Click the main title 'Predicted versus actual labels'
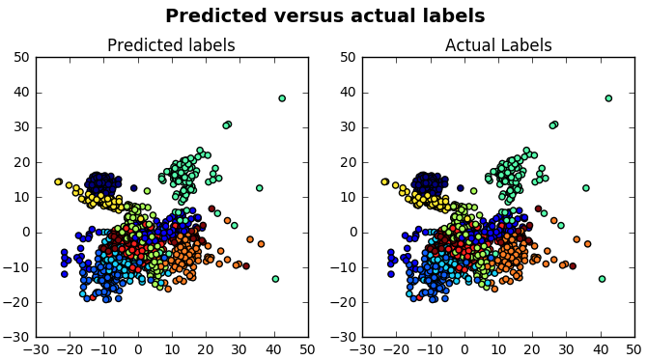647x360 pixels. [324, 16]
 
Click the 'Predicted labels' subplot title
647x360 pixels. [171, 45]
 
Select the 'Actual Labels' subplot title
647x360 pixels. [497, 45]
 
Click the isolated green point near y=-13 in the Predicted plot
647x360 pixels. [275, 279]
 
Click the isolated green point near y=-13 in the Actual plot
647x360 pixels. [602, 279]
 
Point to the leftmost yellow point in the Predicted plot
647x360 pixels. [58, 181]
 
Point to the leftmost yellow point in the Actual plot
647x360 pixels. [384, 181]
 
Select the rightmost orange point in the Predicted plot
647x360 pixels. [261, 243]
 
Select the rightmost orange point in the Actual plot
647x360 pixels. [587, 243]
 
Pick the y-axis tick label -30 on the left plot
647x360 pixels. [17, 338]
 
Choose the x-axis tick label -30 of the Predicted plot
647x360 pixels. [36, 349]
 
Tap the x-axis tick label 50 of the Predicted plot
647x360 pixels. [308, 349]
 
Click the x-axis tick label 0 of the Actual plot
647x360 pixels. [464, 349]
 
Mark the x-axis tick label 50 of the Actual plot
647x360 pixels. [634, 349]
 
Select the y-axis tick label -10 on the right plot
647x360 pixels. [344, 267]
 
